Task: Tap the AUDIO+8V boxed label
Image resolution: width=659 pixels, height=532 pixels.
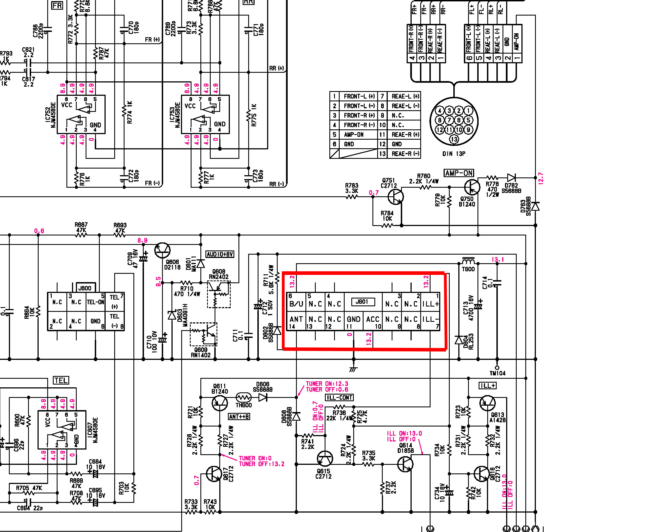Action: point(220,254)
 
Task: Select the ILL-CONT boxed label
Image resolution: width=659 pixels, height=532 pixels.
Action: point(339,397)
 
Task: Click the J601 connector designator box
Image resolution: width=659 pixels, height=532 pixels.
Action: point(363,302)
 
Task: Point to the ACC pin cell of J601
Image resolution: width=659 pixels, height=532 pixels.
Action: point(372,319)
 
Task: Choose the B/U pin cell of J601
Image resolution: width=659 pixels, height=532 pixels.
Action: point(296,304)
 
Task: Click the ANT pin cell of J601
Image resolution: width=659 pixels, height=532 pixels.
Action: point(296,319)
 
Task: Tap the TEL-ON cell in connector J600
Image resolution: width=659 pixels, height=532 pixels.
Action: point(95,302)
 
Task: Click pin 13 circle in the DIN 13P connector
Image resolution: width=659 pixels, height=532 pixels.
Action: point(454,139)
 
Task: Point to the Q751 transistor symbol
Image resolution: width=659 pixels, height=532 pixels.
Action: point(396,196)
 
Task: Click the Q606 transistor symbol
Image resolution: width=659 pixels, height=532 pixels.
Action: point(162,250)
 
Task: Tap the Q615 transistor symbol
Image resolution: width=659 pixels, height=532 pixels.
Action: point(325,458)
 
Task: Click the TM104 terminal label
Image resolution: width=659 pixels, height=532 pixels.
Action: point(497,373)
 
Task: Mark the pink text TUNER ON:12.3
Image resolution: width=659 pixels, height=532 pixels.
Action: point(327,384)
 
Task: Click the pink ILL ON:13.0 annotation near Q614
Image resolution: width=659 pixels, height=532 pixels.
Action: point(404,434)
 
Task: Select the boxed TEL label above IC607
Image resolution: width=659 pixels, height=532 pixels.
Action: point(61,380)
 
